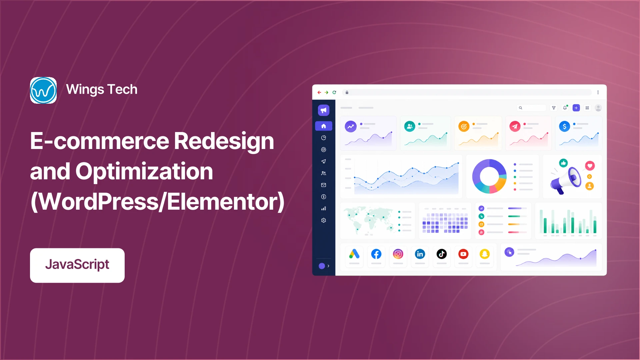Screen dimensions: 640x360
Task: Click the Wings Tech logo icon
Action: (x=43, y=90)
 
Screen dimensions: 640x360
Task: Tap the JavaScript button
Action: (x=77, y=265)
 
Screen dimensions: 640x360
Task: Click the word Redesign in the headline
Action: (x=224, y=141)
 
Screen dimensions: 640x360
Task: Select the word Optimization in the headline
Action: (x=144, y=172)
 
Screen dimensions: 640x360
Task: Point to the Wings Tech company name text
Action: (x=102, y=89)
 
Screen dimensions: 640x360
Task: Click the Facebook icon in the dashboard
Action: (x=376, y=254)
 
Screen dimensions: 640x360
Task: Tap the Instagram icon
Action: (x=398, y=254)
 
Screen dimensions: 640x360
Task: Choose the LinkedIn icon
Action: (x=420, y=254)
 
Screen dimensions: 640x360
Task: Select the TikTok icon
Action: (x=442, y=254)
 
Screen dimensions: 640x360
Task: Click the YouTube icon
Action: (x=463, y=254)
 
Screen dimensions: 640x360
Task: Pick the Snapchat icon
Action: (x=485, y=254)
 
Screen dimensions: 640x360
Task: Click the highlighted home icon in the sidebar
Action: (x=323, y=126)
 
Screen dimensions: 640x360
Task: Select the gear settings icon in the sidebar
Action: (x=323, y=220)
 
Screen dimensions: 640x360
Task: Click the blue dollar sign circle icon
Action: (x=564, y=126)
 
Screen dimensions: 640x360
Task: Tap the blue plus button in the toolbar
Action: (x=576, y=108)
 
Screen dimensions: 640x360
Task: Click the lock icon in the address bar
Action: (x=347, y=92)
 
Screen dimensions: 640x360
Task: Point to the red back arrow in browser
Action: (x=319, y=92)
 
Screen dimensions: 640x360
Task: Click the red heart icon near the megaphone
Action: (x=590, y=166)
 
